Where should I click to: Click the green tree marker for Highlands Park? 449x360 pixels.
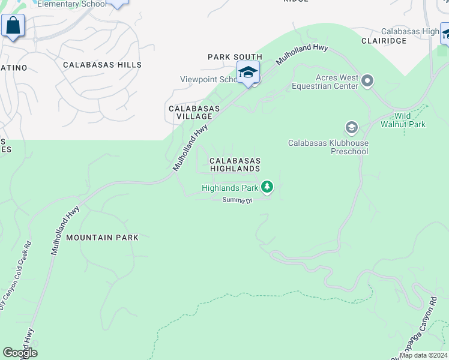pyautogui.click(x=267, y=188)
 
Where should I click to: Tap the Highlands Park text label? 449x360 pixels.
pyautogui.click(x=230, y=188)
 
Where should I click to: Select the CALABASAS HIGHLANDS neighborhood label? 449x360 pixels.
pyautogui.click(x=235, y=165)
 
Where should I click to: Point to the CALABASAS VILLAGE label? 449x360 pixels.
pyautogui.click(x=194, y=112)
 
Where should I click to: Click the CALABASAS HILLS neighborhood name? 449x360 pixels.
pyautogui.click(x=102, y=65)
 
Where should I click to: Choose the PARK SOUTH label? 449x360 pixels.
pyautogui.click(x=235, y=57)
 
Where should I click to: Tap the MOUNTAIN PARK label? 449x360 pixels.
pyautogui.click(x=102, y=238)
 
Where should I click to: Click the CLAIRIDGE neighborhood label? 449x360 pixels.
pyautogui.click(x=384, y=41)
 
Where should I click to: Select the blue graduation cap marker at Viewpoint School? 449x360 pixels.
pyautogui.click(x=248, y=73)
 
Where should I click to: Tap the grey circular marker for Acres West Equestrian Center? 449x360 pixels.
pyautogui.click(x=368, y=80)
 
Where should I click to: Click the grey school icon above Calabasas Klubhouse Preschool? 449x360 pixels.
pyautogui.click(x=351, y=127)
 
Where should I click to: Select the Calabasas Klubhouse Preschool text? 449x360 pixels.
pyautogui.click(x=328, y=148)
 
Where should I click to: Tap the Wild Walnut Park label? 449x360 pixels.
pyautogui.click(x=403, y=120)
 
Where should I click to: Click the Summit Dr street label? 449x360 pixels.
pyautogui.click(x=237, y=200)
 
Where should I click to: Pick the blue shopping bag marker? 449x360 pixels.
pyautogui.click(x=13, y=26)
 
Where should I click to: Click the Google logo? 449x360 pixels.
pyautogui.click(x=20, y=353)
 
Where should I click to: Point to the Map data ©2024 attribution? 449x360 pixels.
pyautogui.click(x=422, y=355)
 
